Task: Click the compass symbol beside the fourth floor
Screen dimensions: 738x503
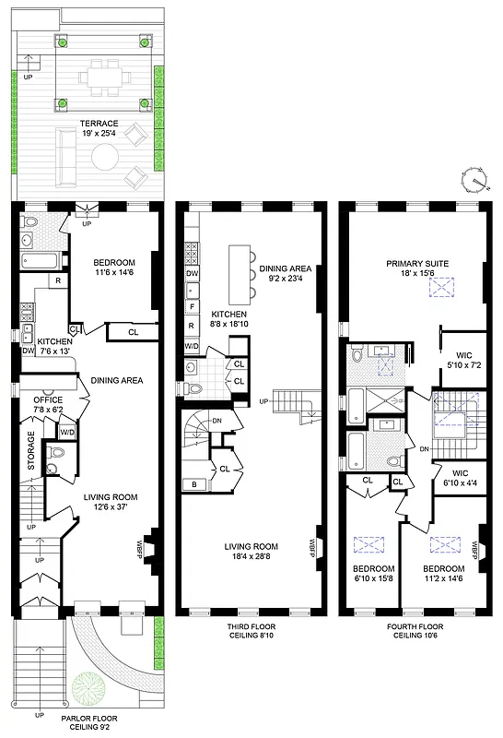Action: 474,179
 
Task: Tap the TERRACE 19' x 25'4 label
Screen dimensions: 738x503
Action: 88,136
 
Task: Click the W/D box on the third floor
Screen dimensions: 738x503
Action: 193,346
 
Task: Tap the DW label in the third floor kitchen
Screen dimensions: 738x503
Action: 193,274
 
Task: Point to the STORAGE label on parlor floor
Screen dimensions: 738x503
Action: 30,451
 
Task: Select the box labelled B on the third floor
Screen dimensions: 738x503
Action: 194,483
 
